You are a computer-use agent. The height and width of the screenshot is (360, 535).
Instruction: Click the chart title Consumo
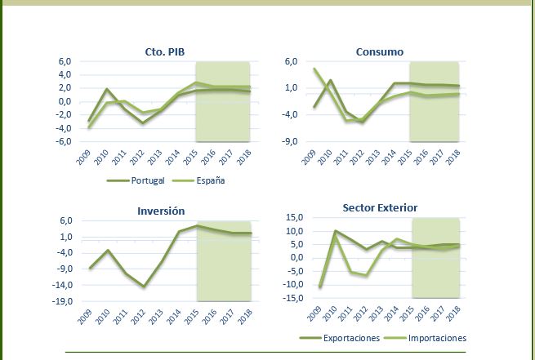pos(379,52)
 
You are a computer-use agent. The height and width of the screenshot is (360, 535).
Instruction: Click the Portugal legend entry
pos(147,180)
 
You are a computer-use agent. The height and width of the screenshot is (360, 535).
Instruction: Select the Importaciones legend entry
pos(438,337)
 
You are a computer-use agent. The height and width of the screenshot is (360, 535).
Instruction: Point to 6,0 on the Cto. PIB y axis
pos(65,61)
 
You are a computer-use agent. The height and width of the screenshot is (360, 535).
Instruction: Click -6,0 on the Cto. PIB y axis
pos(63,141)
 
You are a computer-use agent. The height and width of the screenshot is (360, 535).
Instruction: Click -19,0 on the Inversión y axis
pos(61,301)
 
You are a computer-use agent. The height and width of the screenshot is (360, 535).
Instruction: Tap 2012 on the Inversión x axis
pos(144,317)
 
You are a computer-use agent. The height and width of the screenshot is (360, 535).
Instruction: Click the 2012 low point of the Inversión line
pos(144,287)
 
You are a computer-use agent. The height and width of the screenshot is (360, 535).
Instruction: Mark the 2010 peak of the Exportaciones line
pos(335,231)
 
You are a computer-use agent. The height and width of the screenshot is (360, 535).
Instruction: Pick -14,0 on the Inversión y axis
pos(61,285)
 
